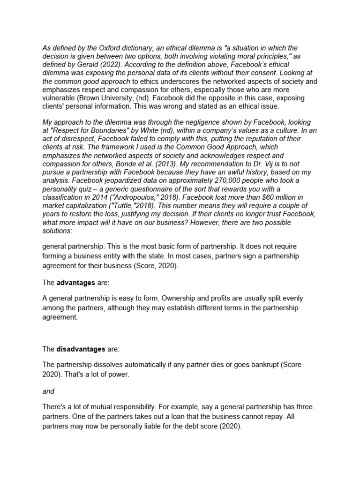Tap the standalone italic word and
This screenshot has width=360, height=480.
[x=48, y=391]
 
